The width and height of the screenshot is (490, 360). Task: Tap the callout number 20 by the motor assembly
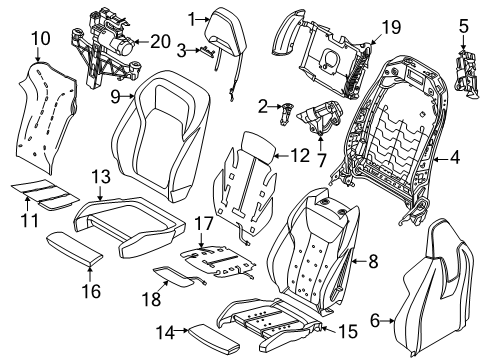tap(158, 44)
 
